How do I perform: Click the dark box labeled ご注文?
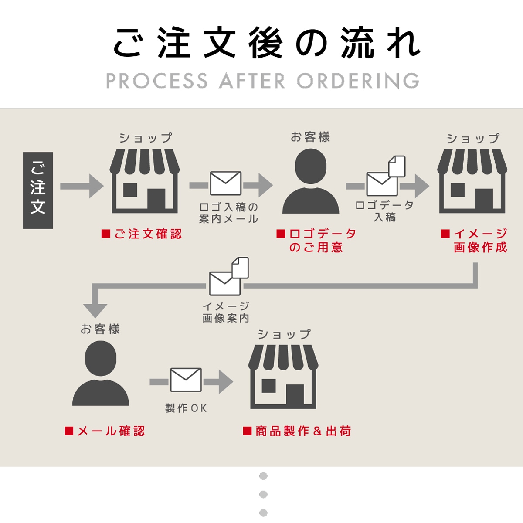[38, 190]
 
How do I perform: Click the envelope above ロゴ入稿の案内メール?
[226, 183]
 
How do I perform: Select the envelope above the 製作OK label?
[186, 380]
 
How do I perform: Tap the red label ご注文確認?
[142, 234]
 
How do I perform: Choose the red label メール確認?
[105, 431]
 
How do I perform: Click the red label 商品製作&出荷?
[297, 431]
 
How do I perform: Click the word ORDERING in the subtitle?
[358, 82]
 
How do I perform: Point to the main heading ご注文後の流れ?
[267, 43]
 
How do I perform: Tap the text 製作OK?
[186, 408]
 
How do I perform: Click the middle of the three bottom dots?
[263, 494]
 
